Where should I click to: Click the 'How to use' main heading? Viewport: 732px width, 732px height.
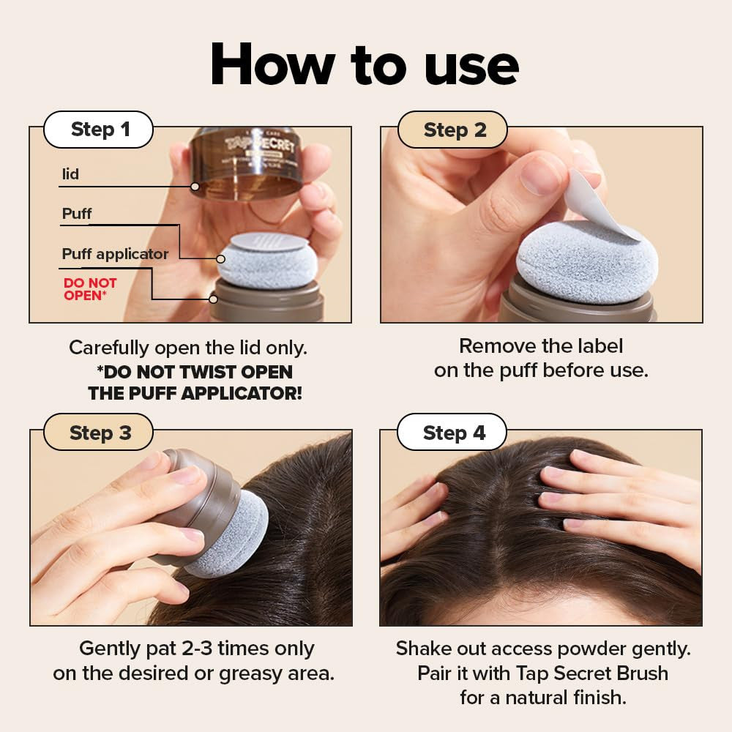[x=365, y=66]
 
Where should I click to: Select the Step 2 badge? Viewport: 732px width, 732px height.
[x=453, y=130]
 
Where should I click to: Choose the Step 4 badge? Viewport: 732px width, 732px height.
[x=453, y=433]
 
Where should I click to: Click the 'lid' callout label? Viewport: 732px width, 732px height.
[x=70, y=174]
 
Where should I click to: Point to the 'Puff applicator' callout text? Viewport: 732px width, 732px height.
[x=115, y=254]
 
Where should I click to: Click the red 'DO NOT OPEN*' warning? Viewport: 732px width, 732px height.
[x=90, y=289]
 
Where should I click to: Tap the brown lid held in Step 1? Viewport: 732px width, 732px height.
[x=245, y=163]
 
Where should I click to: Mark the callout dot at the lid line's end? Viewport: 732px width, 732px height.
[x=195, y=187]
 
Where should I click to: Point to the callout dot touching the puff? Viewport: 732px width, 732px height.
[x=220, y=259]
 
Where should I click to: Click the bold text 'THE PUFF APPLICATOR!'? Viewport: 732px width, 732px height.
[x=195, y=393]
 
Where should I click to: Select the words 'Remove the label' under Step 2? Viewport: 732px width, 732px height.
[x=541, y=346]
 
